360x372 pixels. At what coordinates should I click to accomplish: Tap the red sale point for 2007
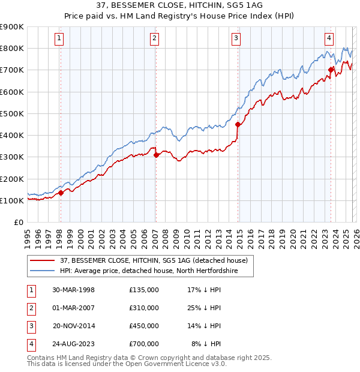[156, 155]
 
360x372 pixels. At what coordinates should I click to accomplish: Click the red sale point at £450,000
[238, 124]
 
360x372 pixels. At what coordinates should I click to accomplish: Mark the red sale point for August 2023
[331, 70]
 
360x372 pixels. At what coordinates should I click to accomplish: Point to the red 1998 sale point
[61, 193]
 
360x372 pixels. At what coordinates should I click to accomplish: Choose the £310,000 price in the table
[144, 308]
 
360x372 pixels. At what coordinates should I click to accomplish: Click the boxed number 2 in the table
[30, 308]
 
